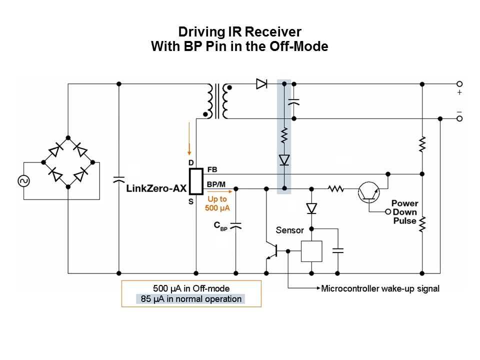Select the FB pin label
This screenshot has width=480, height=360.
pyautogui.click(x=212, y=170)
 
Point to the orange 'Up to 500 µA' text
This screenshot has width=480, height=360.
pyautogui.click(x=216, y=203)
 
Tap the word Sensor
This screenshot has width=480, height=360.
pyautogui.click(x=290, y=230)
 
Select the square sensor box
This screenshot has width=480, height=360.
pyautogui.click(x=311, y=251)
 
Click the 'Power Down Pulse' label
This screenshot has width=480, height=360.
pyautogui.click(x=404, y=212)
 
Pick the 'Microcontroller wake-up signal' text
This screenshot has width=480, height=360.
pyautogui.click(x=380, y=288)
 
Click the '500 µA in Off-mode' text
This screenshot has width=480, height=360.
pyautogui.click(x=191, y=288)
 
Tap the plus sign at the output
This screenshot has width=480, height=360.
pyautogui.click(x=459, y=93)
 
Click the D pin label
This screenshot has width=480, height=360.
pyautogui.click(x=190, y=163)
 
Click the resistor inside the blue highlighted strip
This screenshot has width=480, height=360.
pyautogui.click(x=284, y=135)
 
